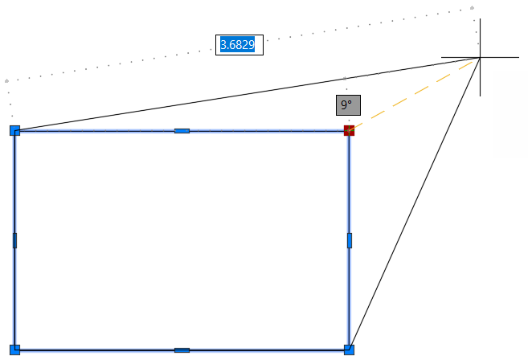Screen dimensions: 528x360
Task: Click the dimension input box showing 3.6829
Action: tap(239, 45)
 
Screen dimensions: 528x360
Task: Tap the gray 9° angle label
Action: tap(348, 105)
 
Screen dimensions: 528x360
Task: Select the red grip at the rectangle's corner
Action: tap(349, 131)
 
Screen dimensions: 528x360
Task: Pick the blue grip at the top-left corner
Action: tap(14, 131)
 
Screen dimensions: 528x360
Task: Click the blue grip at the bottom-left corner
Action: tap(14, 350)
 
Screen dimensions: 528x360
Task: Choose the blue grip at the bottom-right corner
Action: tap(349, 350)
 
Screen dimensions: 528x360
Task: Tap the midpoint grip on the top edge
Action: tap(182, 131)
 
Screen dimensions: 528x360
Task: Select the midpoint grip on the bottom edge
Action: tap(182, 350)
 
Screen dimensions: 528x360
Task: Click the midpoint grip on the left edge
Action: tap(14, 240)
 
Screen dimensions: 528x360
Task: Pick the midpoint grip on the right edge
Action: tap(350, 240)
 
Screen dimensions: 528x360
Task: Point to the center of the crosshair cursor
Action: tap(481, 58)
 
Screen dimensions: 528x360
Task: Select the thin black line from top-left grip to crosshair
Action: tap(248, 94)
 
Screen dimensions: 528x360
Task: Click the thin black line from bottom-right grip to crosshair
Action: tap(415, 204)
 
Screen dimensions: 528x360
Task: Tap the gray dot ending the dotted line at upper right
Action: tap(472, 8)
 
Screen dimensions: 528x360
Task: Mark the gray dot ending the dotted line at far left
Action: tap(6, 81)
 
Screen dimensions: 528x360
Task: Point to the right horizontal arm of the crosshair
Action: tap(500, 58)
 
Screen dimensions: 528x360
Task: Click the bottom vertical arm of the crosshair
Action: tap(481, 77)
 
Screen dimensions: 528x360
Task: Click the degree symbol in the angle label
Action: tap(350, 101)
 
